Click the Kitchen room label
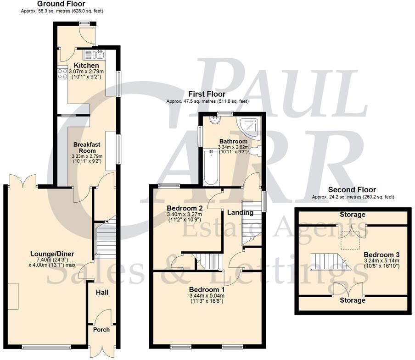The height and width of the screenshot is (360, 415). [x=86, y=66]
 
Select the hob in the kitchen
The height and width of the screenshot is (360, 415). [x=62, y=73]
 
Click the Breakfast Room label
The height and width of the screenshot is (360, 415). [x=85, y=147]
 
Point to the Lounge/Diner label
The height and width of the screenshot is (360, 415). [x=52, y=254]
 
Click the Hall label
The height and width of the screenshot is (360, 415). [x=101, y=292]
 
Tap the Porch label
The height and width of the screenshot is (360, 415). [x=101, y=329]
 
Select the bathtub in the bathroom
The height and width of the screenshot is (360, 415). [x=211, y=168]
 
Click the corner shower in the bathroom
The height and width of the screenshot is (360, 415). [x=248, y=127]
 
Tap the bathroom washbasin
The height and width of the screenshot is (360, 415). [x=215, y=120]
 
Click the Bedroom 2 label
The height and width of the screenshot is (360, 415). [x=182, y=208]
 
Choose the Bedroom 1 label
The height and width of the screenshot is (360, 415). [x=207, y=290]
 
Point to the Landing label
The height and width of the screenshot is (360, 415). [x=240, y=213]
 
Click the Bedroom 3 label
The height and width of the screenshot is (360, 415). [x=379, y=255]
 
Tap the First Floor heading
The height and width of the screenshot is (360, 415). [x=207, y=94]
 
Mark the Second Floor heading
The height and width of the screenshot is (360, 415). [x=352, y=190]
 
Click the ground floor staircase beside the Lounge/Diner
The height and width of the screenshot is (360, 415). [x=105, y=241]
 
